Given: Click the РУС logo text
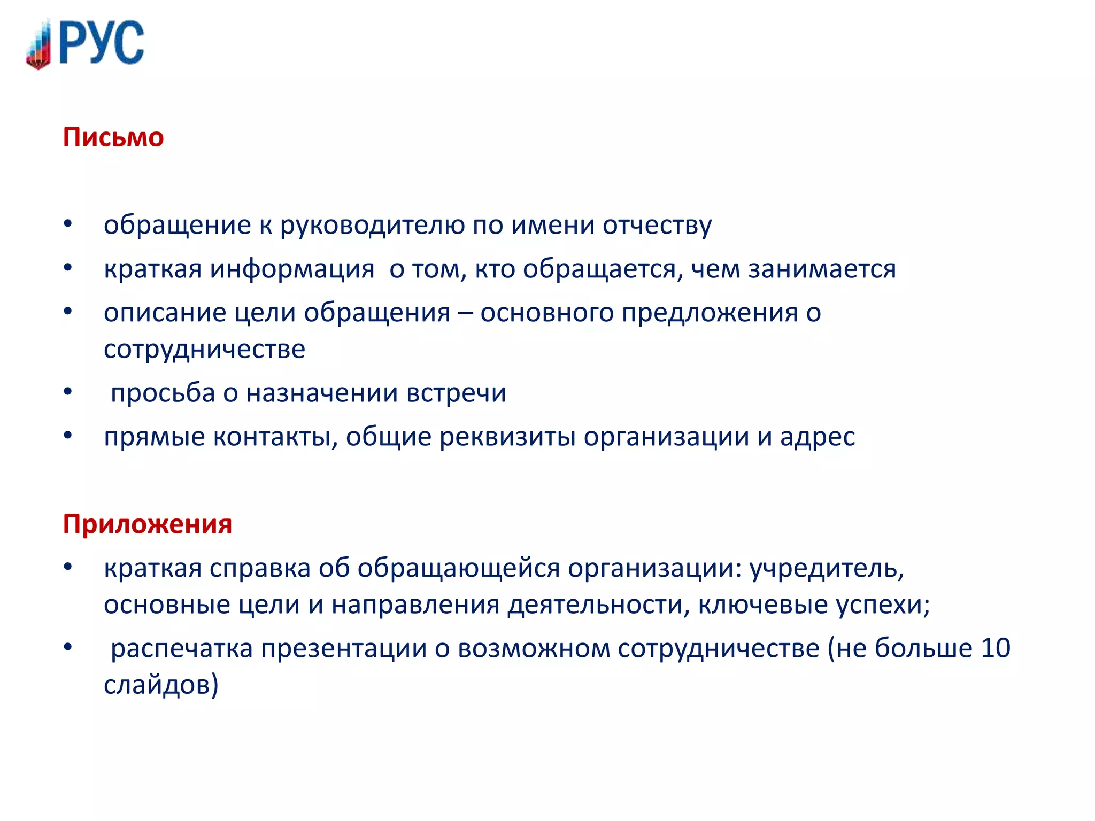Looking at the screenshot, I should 102,43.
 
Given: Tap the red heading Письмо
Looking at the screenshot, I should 113,137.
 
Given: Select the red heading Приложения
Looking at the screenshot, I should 148,524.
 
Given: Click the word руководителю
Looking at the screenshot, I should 372,226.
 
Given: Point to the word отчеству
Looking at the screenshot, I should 657,226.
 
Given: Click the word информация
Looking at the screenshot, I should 292,269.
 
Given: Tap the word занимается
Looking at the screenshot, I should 822,269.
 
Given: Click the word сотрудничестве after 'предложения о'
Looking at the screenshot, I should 204,350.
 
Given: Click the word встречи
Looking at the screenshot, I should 456,393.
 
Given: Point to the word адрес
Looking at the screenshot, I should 818,437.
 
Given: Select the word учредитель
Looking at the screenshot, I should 827,568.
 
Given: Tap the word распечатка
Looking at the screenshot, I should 182,649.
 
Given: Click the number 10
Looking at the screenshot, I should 996,648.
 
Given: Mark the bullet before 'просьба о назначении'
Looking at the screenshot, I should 67,392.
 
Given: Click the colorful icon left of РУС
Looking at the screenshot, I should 39,45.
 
